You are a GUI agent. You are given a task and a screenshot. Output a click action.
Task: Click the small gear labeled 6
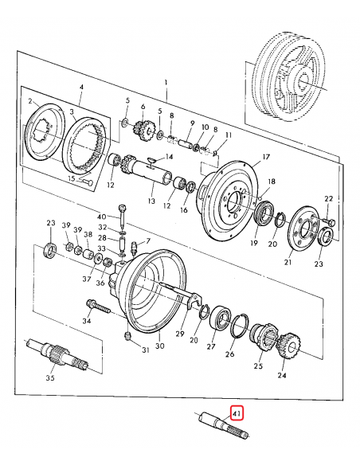tap(143, 129)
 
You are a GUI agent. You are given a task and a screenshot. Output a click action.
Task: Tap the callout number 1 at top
tap(166, 83)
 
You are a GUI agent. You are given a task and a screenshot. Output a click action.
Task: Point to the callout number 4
tap(80, 87)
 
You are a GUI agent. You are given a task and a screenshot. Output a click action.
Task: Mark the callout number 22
tap(327, 197)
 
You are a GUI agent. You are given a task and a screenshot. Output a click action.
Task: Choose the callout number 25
tap(257, 366)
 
